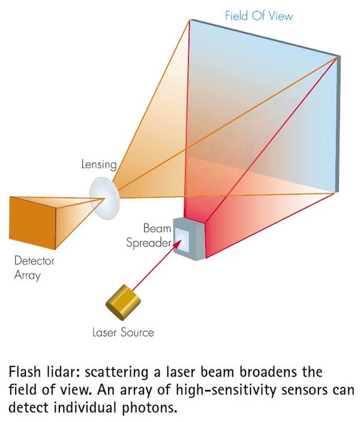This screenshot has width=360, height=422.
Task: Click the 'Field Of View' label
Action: tap(259, 16)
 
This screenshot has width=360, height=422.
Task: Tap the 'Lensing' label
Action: tap(99, 164)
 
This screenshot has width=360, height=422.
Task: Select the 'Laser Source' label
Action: tap(123, 332)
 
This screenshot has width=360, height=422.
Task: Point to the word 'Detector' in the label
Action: tap(34, 261)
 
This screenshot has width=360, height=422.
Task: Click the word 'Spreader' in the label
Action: tap(148, 243)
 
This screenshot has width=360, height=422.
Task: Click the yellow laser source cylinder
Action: tap(123, 302)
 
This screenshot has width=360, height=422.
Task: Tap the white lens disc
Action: tap(104, 198)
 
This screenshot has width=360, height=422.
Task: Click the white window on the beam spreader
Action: tap(182, 240)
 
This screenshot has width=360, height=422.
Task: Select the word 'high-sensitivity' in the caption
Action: tap(226, 390)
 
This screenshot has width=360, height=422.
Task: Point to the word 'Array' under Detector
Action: tap(28, 276)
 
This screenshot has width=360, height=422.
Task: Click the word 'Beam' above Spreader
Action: tap(157, 228)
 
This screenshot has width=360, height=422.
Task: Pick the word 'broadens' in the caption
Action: tap(268, 372)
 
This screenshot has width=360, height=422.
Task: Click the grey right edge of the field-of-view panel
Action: tap(337, 124)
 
